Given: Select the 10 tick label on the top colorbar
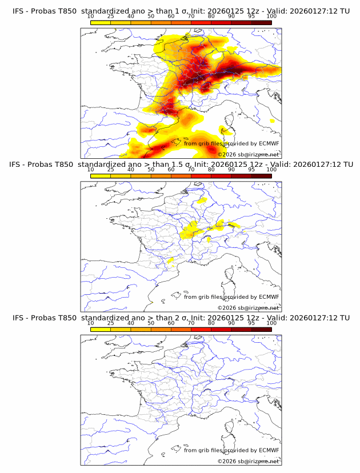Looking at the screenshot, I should click(x=90, y=17).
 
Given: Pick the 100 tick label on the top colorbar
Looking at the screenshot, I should click(x=271, y=17).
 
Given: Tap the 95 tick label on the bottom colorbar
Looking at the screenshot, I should click(x=251, y=323).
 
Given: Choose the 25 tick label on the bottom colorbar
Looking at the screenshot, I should click(x=110, y=323).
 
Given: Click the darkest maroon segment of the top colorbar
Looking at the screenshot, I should click(x=261, y=23).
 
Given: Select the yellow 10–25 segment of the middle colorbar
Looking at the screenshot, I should click(x=100, y=176).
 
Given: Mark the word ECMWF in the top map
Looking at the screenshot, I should click(x=269, y=144).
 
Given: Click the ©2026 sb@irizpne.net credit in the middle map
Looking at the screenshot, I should click(x=249, y=307).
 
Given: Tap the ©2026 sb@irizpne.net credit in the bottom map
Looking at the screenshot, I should click(x=249, y=460).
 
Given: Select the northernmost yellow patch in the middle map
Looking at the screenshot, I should click(x=201, y=201).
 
